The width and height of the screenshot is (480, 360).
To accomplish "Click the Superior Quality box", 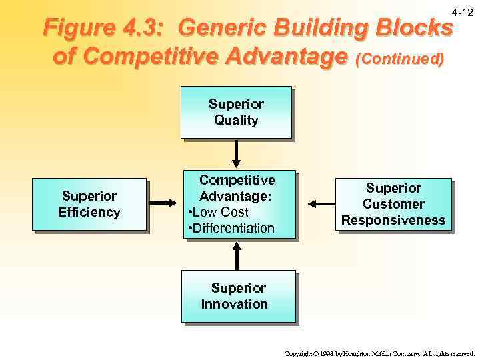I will click(x=236, y=112).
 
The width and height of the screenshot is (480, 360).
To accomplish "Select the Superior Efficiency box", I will click(x=89, y=204).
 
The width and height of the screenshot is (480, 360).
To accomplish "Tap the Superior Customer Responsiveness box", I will click(x=393, y=204).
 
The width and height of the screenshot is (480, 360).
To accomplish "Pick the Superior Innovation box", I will click(x=237, y=296).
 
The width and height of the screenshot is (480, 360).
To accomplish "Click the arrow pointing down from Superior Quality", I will click(x=236, y=155).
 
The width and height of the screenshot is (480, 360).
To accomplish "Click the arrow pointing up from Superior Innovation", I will click(x=236, y=255).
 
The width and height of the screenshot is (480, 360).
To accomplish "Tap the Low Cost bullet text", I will click(x=220, y=212).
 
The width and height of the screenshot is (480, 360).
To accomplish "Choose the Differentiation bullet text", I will click(x=232, y=228).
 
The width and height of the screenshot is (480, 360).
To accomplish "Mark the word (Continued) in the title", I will click(x=400, y=59).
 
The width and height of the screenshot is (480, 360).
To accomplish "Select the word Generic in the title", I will click(x=224, y=29).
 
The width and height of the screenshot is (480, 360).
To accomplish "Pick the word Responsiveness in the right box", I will click(x=393, y=220).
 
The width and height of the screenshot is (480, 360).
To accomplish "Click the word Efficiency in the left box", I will click(x=89, y=212).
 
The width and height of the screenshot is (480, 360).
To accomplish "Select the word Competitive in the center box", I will click(x=237, y=180).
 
